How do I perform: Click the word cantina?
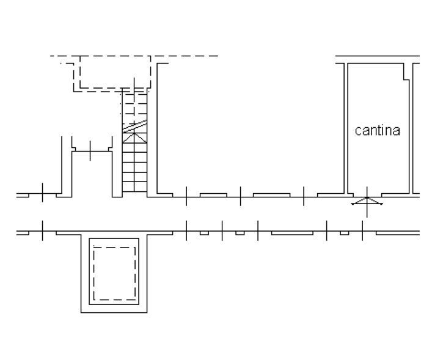pyautogui.click(x=377, y=131)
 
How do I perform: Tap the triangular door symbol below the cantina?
pyautogui.click(x=367, y=201)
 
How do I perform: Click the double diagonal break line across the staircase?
pyautogui.click(x=134, y=127)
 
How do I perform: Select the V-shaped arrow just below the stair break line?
pyautogui.click(x=134, y=138)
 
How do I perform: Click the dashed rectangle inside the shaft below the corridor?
pyautogui.click(x=114, y=274)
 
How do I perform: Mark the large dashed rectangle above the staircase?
pyautogui.click(x=115, y=72)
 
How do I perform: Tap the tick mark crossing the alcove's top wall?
pyautogui.click(x=90, y=151)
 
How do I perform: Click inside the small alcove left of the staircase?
pyautogui.click(x=92, y=174)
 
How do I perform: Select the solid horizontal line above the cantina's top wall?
pyautogui.click(x=378, y=56)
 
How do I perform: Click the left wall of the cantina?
pyautogui.click(x=346, y=128)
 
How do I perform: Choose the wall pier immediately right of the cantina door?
pyautogui.click(x=395, y=195)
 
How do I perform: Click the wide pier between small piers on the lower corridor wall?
pyautogui.click(x=292, y=233)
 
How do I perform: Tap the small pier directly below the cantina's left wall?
pyautogui.click(x=345, y=233)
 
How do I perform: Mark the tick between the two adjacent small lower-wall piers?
pyautogui.click(x=222, y=230)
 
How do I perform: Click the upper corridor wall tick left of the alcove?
pyautogui.click(x=42, y=193)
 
